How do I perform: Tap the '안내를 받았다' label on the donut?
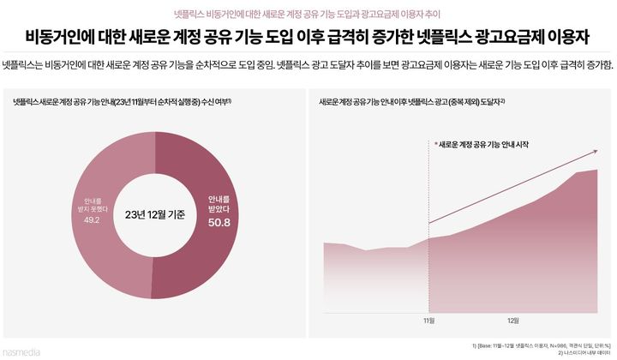(x=219, y=202)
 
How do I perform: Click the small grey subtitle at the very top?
(x=308, y=13)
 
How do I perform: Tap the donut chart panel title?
(x=120, y=101)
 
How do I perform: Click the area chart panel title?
(x=411, y=101)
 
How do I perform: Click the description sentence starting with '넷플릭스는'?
(x=308, y=66)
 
